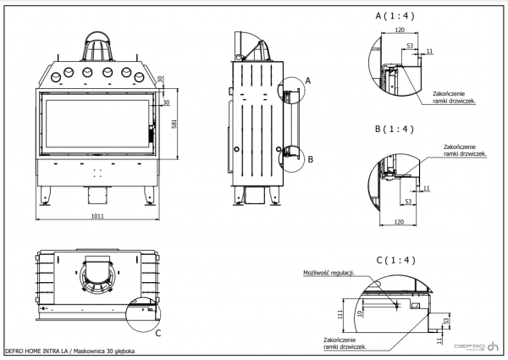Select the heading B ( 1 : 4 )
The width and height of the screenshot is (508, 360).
point(396,129)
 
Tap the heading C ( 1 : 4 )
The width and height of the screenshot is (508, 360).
point(396,259)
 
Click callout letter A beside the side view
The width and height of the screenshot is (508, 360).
point(308,80)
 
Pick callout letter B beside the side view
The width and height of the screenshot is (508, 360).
point(311,158)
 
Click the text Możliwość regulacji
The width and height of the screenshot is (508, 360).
point(326,274)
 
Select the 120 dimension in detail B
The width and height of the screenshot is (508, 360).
point(400,223)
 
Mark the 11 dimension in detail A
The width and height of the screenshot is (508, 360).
point(429,53)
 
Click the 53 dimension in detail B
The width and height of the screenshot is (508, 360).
point(408,202)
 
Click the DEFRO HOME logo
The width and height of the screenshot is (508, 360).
point(477,347)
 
